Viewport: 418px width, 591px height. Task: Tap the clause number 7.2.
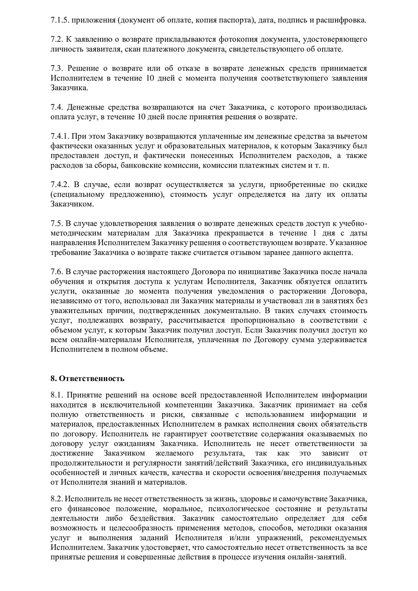pyautogui.click(x=56, y=39)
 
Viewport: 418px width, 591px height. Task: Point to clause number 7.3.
pyautogui.click(x=56, y=68)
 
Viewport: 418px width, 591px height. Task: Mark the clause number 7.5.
pyautogui.click(x=56, y=223)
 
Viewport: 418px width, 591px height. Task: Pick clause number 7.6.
pyautogui.click(x=56, y=272)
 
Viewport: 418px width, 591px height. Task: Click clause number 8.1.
pyautogui.click(x=56, y=395)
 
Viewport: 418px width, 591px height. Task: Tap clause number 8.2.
pyautogui.click(x=56, y=499)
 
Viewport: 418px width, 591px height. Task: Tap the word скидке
pyautogui.click(x=355, y=185)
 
